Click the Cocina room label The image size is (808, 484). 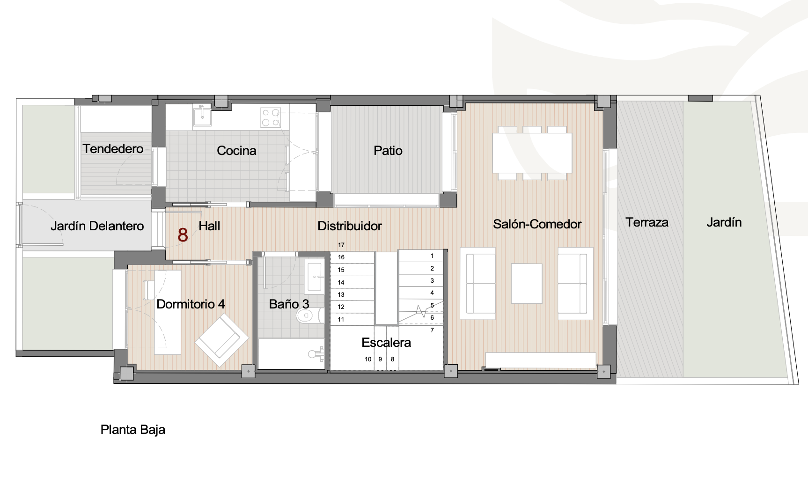click(236, 151)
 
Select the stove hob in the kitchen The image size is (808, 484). click(271, 117)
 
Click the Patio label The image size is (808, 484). click(388, 151)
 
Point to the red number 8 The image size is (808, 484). click(183, 235)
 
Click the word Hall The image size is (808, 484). click(209, 226)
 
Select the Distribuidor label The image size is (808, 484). click(350, 226)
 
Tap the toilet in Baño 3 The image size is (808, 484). click(309, 315)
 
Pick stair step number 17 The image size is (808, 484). click(341, 245)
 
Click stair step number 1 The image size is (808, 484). click(432, 256)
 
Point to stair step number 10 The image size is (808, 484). click(368, 359)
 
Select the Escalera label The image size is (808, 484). click(386, 343)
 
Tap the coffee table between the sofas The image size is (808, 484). click(527, 284)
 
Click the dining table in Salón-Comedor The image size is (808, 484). click(532, 153)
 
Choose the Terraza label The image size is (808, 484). click(647, 222)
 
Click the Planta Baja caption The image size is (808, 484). click(133, 430)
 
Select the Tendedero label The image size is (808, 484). click(113, 149)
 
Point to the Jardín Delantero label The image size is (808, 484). click(97, 226)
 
